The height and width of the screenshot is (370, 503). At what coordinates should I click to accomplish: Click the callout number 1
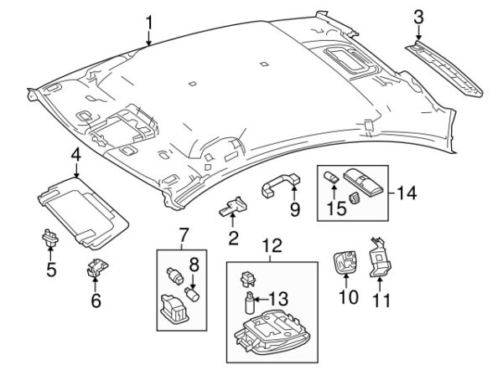148,23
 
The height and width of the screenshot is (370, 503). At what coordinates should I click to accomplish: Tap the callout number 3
418,18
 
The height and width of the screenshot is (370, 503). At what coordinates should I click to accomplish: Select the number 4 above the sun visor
75,156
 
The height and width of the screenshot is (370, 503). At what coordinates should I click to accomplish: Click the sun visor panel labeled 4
83,213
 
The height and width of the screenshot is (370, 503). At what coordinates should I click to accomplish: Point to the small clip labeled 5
49,238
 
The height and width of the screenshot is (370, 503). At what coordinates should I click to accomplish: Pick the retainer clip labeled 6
97,267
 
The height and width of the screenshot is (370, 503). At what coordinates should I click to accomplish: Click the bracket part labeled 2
233,206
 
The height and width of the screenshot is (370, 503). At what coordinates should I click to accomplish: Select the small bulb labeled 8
193,294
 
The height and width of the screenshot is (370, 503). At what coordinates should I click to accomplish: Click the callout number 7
183,235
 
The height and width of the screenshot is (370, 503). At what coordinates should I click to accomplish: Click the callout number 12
272,246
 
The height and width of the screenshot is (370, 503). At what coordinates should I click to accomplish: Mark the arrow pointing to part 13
261,300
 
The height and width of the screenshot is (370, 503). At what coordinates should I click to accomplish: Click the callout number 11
381,301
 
